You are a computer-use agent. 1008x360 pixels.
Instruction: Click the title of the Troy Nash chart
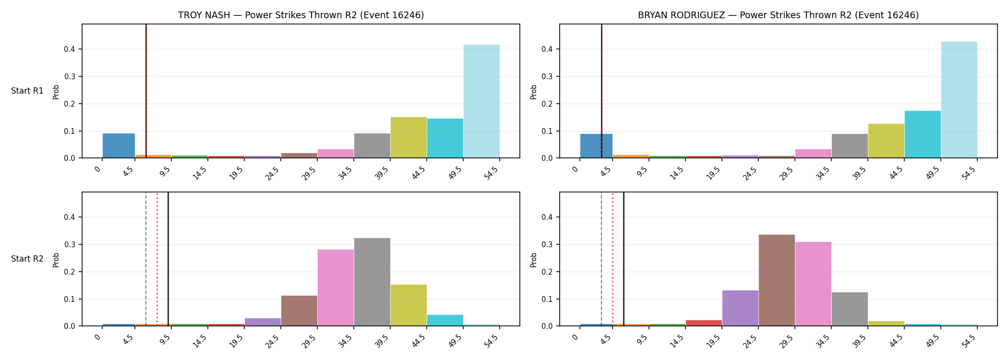[301, 15]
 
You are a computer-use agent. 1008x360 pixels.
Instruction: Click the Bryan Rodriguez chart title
[778, 15]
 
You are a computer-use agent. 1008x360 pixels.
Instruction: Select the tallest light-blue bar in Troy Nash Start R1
[481, 101]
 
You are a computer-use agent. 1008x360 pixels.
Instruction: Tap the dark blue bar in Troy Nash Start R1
[119, 145]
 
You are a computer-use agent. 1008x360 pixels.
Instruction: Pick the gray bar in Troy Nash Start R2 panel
[372, 282]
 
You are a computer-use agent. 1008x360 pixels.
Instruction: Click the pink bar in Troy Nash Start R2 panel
[336, 288]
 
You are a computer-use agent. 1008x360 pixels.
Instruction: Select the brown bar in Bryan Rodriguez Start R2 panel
[777, 280]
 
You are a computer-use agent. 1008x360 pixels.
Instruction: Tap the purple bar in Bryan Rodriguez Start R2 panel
[740, 308]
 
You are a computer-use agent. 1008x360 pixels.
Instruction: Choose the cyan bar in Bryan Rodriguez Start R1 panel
[923, 134]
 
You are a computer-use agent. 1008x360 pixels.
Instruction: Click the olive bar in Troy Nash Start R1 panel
[408, 137]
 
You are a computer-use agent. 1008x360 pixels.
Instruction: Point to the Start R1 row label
[27, 91]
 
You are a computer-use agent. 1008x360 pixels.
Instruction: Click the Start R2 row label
[27, 259]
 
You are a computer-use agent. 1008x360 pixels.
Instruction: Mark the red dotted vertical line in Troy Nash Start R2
[157, 259]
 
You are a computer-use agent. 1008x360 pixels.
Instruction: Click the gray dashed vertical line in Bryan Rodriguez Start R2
[601, 259]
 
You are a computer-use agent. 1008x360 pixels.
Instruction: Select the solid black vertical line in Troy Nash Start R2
[168, 259]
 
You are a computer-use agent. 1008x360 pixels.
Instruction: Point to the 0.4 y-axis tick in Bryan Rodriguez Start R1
[547, 49]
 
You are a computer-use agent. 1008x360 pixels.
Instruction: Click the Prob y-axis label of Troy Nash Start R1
[56, 92]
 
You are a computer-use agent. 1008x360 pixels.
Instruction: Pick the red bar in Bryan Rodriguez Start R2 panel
[704, 323]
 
